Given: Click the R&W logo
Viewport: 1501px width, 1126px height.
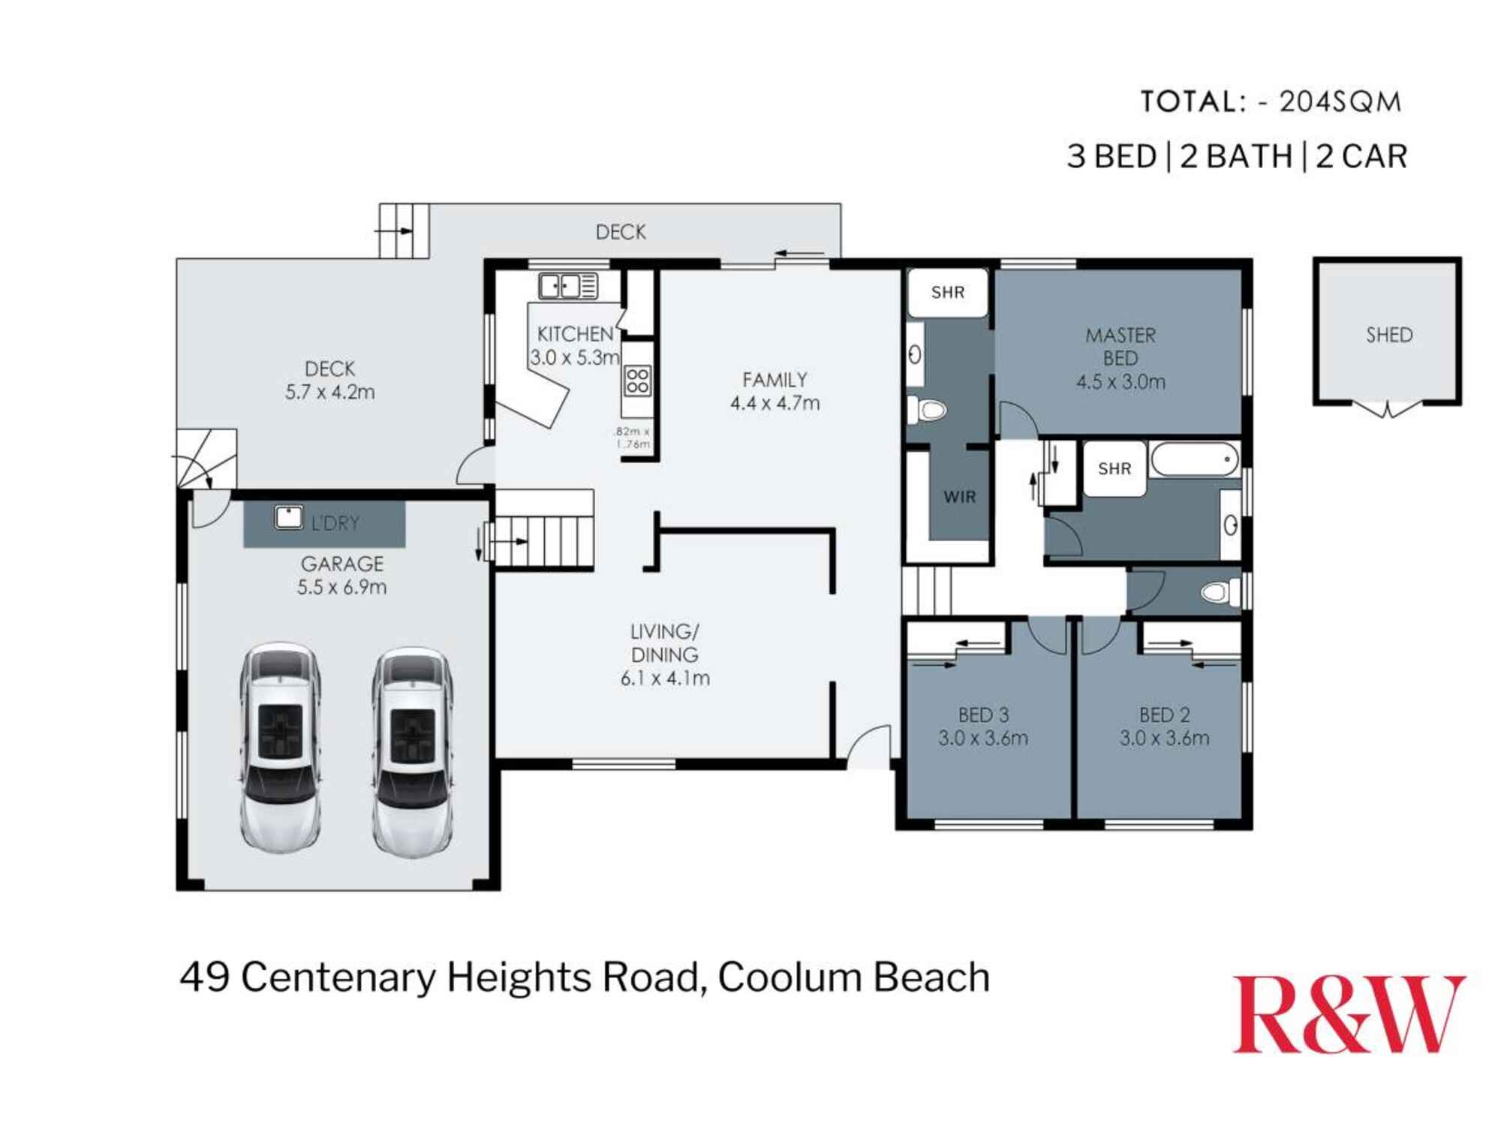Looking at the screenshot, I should click(x=1349, y=1014).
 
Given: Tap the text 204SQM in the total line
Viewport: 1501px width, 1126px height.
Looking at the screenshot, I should click(x=1340, y=102).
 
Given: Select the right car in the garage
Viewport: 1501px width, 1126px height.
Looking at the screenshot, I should click(x=413, y=751).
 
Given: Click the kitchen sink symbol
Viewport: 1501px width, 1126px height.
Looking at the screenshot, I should click(x=568, y=286).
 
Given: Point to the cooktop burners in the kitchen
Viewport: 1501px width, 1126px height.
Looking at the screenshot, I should click(x=637, y=381).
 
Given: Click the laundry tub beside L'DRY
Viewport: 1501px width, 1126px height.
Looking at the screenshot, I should click(x=288, y=517).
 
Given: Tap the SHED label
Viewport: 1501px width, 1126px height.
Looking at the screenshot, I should click(x=1388, y=335).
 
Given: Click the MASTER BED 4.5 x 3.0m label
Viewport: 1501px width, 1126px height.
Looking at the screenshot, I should click(x=1120, y=358).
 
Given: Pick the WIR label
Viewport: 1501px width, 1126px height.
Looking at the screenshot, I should click(x=959, y=497).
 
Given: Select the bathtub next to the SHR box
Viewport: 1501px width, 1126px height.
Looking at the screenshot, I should click(x=1195, y=459).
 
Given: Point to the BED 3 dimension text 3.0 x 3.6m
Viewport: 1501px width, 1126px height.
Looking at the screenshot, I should click(x=982, y=739).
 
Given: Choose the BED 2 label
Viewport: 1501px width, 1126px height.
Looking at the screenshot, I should click(x=1164, y=715).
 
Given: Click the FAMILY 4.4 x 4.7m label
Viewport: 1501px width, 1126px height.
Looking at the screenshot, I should click(x=775, y=391).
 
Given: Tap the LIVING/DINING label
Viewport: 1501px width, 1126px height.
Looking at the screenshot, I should click(x=664, y=643).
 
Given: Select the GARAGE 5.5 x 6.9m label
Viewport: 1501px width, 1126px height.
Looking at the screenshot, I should click(x=341, y=575).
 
